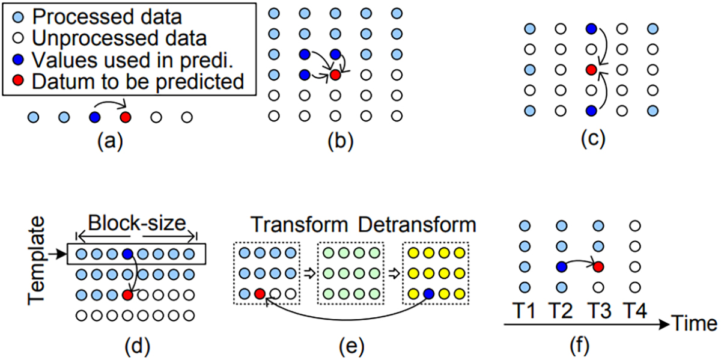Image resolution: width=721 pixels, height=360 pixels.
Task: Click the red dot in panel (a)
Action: pos(126,117)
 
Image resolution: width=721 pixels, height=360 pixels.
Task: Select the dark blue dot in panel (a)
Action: pos(94,117)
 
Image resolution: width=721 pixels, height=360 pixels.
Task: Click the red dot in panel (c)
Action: pos(591,70)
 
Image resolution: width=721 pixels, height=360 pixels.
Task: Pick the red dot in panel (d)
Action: pos(127,295)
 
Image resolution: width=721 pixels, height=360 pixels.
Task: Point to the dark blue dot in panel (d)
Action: pos(127,255)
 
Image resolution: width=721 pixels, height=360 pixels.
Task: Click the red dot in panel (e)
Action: pos(259,294)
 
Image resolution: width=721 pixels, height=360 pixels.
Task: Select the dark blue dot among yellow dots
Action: pos(428,294)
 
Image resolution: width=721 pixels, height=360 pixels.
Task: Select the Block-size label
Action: pos(135,224)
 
